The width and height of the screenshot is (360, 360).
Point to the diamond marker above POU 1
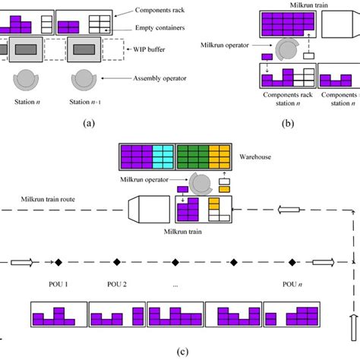click(x=58, y=263)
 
